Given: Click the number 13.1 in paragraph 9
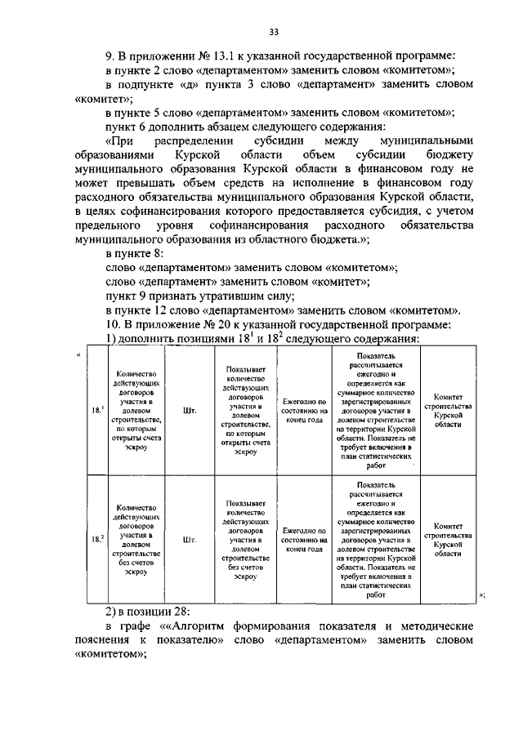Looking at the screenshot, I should coord(217,56).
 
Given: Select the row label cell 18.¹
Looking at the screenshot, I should coord(96,411).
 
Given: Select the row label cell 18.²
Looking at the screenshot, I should coord(96,539).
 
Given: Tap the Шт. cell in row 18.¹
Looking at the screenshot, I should coord(190,411).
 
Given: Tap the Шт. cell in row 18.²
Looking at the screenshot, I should coord(190,539).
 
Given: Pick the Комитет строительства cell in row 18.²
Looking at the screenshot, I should coord(448,539).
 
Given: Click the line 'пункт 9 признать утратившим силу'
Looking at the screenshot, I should coord(200,295).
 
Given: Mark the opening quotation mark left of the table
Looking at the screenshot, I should coord(78,353).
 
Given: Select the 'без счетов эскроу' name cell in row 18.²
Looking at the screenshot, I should coord(137,539).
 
